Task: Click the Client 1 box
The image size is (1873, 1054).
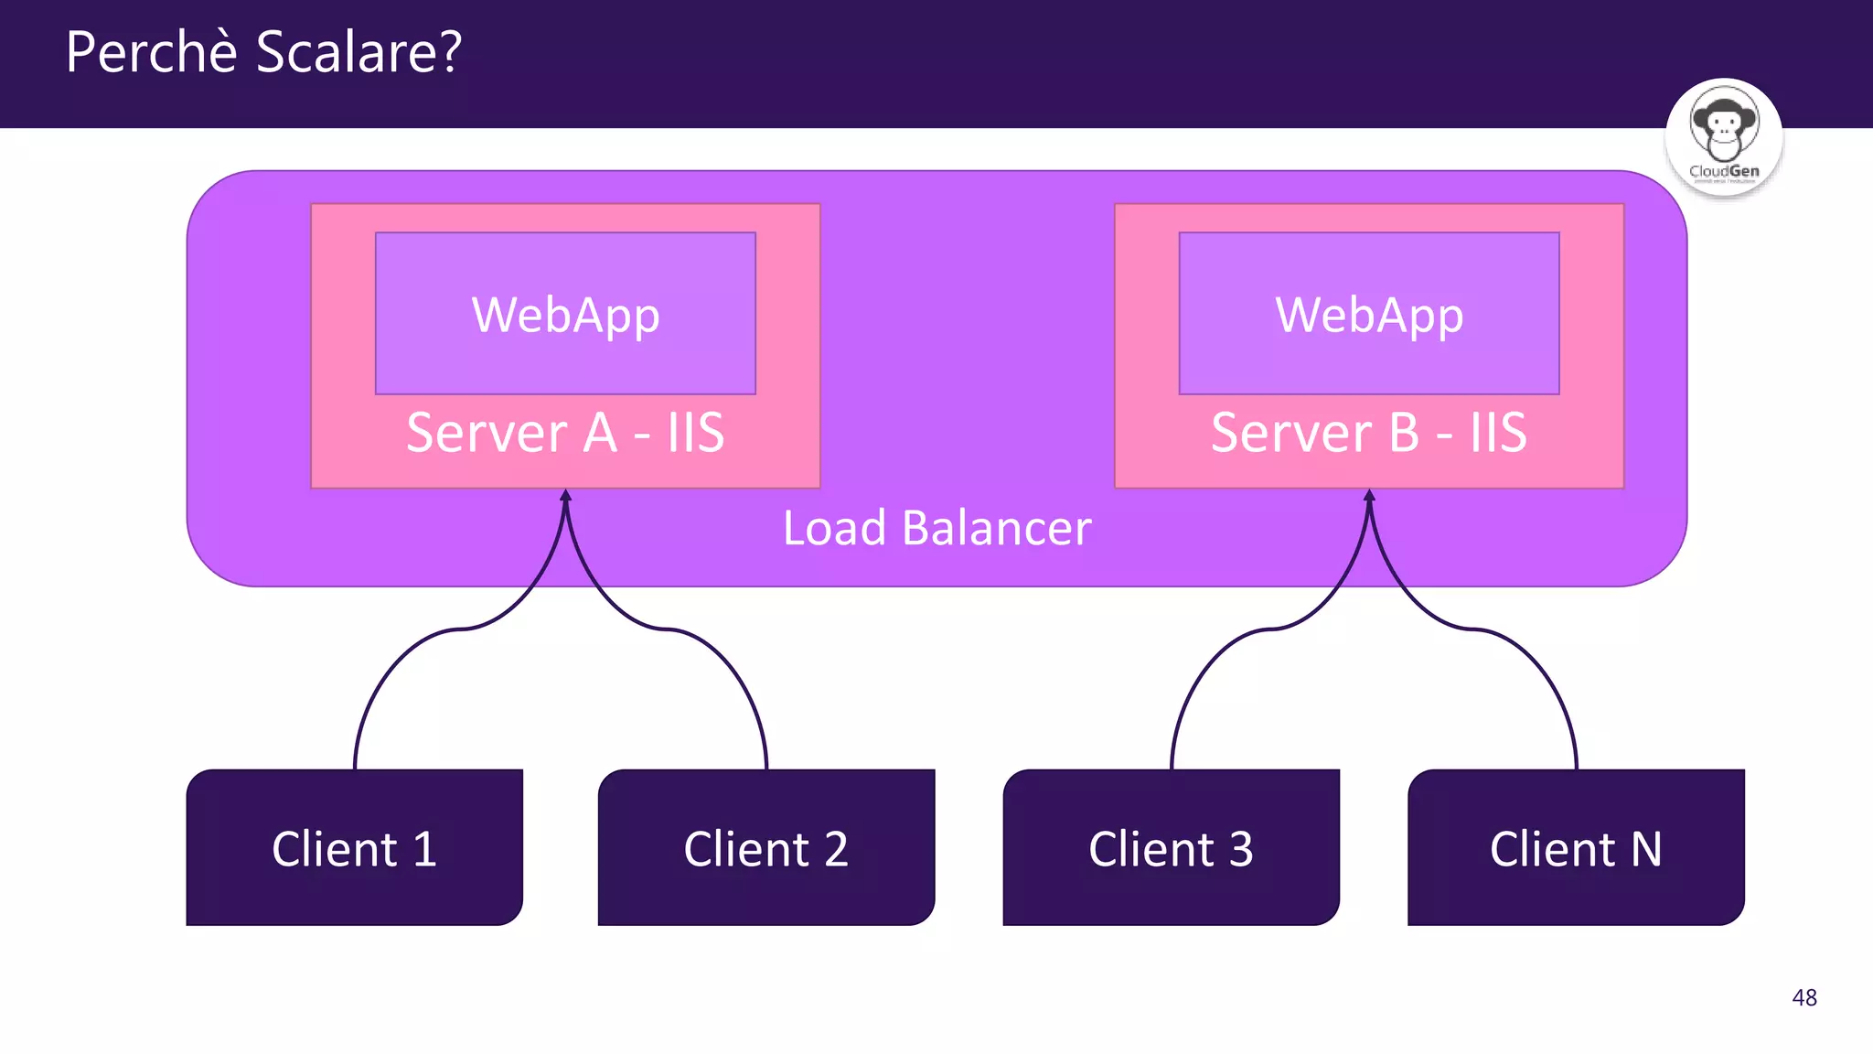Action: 354,847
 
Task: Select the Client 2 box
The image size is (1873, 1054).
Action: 765,847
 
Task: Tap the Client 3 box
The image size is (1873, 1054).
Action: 1171,847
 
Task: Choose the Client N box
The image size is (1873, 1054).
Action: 1576,847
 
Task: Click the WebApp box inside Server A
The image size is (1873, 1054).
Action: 565,313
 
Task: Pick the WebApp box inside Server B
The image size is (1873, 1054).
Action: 1369,313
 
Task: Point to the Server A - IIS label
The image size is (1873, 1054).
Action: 565,433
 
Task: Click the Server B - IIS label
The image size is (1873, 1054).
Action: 1369,433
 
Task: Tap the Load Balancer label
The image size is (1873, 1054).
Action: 936,528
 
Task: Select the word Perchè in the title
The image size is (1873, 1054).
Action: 152,52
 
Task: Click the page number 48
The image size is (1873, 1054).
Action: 1804,997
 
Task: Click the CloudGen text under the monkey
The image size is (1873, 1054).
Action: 1724,171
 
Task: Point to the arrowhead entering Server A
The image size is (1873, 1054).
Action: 566,496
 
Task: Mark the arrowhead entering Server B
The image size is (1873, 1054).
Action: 1369,496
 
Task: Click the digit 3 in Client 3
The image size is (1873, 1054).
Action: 1241,849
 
